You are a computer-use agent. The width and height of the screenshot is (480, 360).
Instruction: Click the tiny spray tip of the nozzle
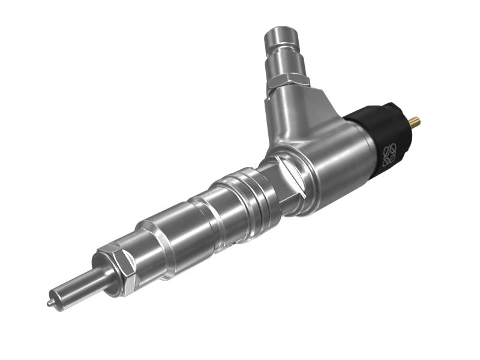pyautogui.click(x=49, y=303)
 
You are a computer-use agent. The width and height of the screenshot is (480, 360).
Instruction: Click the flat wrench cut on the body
pyautogui.click(x=293, y=181)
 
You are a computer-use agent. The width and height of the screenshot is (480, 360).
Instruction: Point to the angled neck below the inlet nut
pyautogui.click(x=294, y=114)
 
